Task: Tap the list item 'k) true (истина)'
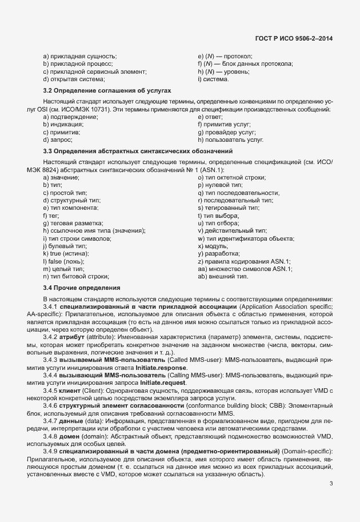coord(65,253)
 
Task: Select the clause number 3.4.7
coord(51,421)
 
